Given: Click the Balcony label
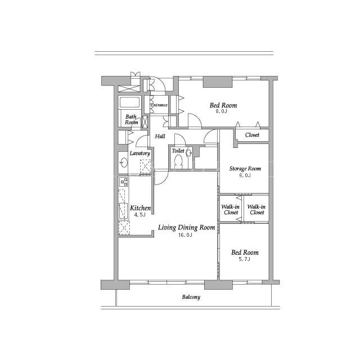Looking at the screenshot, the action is (191, 297).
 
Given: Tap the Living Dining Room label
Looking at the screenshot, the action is (186, 227).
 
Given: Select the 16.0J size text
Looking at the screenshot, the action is (185, 235).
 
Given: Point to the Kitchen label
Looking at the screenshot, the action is (140, 208).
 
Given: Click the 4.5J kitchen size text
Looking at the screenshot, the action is (139, 215).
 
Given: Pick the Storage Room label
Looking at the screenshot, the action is (245, 169).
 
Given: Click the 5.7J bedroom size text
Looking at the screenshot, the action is (244, 259).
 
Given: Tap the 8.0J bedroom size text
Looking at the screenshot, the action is (221, 111).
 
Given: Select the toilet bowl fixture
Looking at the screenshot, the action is (178, 161).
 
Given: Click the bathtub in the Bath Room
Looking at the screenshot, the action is (129, 102).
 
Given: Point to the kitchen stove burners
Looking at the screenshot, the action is (124, 182).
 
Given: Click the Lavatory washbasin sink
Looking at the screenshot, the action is (124, 163).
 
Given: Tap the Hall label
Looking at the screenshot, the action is (160, 136).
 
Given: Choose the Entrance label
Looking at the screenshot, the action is (159, 105).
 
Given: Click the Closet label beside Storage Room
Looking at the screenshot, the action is (252, 135).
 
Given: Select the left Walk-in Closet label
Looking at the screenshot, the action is (231, 210).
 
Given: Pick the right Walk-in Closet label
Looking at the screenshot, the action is (256, 210).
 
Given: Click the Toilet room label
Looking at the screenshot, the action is (178, 151).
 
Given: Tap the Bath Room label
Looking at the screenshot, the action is (131, 120).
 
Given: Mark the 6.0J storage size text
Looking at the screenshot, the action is (245, 175).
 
